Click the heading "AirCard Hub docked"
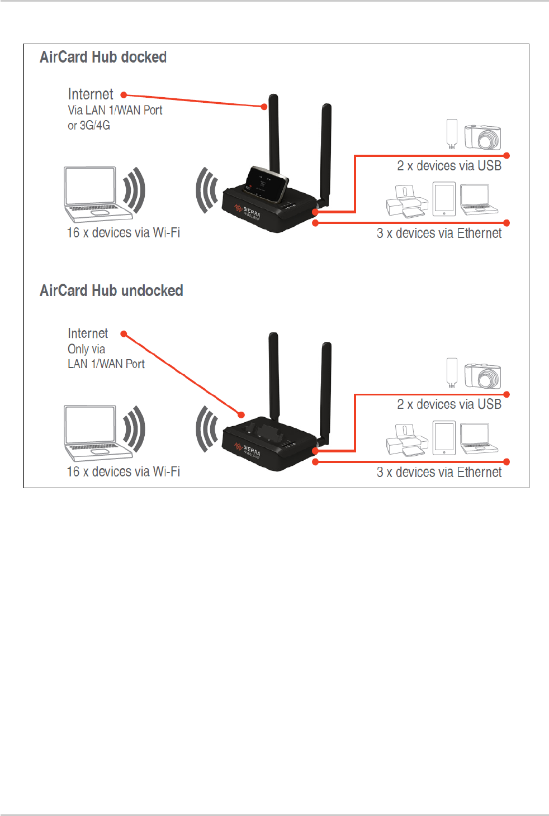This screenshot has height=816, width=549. point(103,58)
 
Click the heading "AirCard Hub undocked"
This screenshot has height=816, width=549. point(111,291)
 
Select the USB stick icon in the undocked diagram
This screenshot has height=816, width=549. point(452,373)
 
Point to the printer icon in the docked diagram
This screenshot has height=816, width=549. point(406,202)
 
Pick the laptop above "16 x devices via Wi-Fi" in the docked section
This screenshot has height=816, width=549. point(91,194)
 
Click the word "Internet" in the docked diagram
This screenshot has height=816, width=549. point(91,94)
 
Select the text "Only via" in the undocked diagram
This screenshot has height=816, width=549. point(86,349)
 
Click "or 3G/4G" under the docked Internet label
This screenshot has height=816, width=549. point(89,126)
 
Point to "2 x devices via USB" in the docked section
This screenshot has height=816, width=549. point(449,166)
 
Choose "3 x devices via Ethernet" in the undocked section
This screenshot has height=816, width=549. point(439,473)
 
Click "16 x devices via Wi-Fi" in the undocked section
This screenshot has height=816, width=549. point(123,472)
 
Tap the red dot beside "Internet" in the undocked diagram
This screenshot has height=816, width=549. point(124,334)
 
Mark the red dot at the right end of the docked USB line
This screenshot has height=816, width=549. point(507,155)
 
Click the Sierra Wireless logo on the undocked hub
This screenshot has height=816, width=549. point(248,450)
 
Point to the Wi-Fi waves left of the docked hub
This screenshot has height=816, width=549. point(207,190)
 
